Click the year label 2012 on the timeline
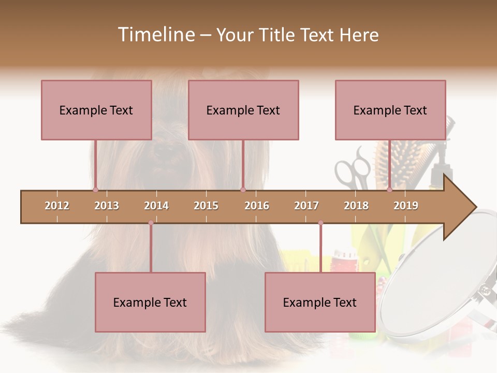pos(57,206)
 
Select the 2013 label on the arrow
pos(107,206)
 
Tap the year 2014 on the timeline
pos(156,206)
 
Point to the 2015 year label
pos(206,206)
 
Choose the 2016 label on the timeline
pos(257,206)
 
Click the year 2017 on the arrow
pos(306,206)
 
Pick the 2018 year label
pos(356,206)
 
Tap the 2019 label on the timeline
pos(406,206)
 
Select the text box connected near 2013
pos(96,110)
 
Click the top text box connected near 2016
pos(243,110)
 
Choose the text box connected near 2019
pos(390,110)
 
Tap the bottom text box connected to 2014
pos(150,302)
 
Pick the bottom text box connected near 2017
pos(320,302)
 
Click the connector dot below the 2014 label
pos(151,223)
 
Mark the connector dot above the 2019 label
pos(390,190)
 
